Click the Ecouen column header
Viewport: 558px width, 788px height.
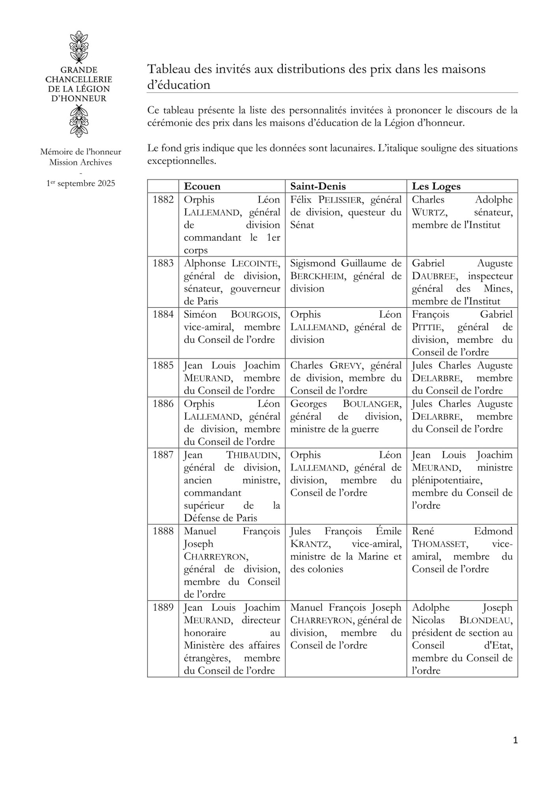click(202, 186)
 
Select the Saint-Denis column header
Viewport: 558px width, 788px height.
click(318, 186)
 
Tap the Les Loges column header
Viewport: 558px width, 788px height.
click(436, 186)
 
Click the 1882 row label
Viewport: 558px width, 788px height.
click(163, 200)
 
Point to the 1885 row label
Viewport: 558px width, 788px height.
click(163, 366)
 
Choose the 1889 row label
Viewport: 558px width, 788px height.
click(163, 608)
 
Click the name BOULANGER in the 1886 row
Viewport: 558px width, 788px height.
click(372, 404)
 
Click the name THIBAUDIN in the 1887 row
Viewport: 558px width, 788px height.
click(253, 455)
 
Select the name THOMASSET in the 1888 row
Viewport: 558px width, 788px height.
click(440, 544)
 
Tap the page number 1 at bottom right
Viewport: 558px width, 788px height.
click(515, 741)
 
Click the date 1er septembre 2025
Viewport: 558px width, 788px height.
click(80, 183)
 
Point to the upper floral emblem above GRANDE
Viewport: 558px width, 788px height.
click(78, 47)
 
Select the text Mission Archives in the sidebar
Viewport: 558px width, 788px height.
click(80, 162)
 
